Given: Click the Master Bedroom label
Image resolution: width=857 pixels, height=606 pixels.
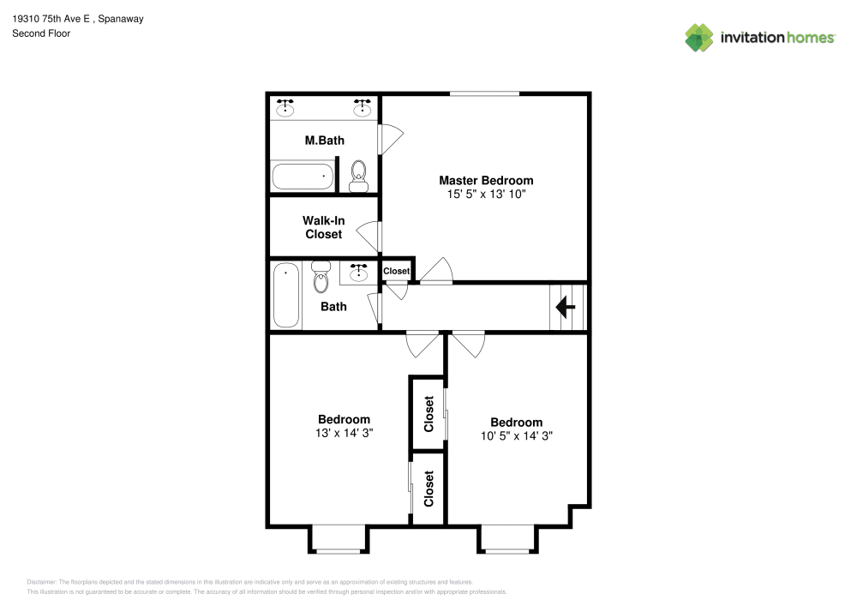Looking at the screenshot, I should click(486, 180).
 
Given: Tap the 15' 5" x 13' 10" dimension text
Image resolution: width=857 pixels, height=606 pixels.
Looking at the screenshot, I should click(486, 195).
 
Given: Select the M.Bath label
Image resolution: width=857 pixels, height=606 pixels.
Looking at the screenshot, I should click(325, 140).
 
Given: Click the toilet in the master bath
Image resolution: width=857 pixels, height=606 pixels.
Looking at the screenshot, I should click(358, 176).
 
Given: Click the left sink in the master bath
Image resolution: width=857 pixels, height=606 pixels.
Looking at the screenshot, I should click(285, 108).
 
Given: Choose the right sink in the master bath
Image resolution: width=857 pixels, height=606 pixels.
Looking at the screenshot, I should click(363, 108).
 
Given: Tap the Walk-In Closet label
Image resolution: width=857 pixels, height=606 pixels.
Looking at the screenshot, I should click(323, 227).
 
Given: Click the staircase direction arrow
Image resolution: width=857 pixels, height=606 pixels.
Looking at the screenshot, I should click(566, 306).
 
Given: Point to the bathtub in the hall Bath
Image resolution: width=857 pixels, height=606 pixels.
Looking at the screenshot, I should click(286, 295).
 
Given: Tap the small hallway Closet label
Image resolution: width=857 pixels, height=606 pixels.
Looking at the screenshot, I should click(396, 271).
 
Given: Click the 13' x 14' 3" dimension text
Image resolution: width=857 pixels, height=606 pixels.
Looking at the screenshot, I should click(344, 433).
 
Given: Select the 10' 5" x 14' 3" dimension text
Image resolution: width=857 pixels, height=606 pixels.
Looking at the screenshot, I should click(516, 435).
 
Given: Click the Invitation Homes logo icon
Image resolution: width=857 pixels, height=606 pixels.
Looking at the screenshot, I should click(699, 37).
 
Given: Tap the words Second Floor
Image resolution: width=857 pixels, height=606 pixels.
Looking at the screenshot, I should click(41, 33).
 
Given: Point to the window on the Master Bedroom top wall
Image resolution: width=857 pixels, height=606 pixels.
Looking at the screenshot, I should click(484, 93).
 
